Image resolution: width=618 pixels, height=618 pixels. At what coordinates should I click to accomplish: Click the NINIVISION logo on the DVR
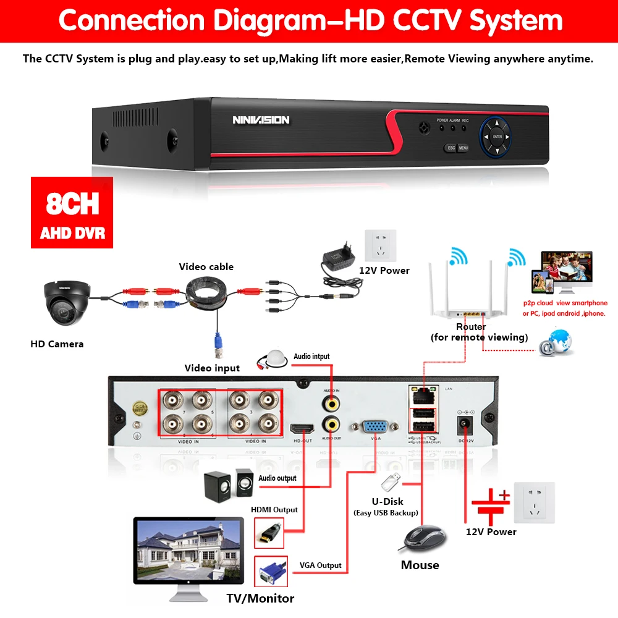tap(261, 120)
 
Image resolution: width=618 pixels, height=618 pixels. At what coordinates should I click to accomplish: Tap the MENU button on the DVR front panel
tap(463, 148)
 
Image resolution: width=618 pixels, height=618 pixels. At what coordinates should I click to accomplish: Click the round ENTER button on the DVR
tap(497, 137)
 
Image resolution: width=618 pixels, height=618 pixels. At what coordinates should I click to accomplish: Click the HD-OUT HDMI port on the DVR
tap(302, 429)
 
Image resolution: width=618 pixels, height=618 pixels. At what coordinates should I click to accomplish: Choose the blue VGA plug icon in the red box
tap(270, 572)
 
